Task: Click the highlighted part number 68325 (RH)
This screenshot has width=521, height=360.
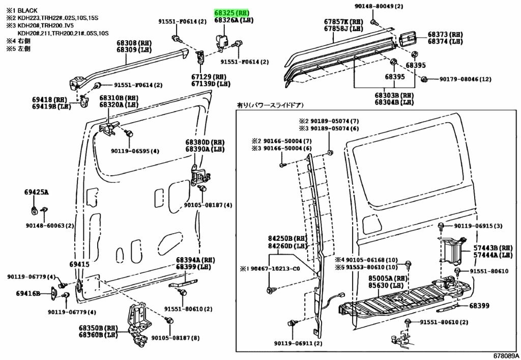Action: pyautogui.click(x=234, y=13)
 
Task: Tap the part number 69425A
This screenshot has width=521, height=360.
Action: pyautogui.click(x=36, y=192)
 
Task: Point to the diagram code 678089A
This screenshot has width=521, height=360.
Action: pyautogui.click(x=506, y=355)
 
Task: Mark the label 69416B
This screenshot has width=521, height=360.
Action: pyautogui.click(x=28, y=293)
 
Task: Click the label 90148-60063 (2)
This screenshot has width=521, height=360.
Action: pyautogui.click(x=49, y=226)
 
